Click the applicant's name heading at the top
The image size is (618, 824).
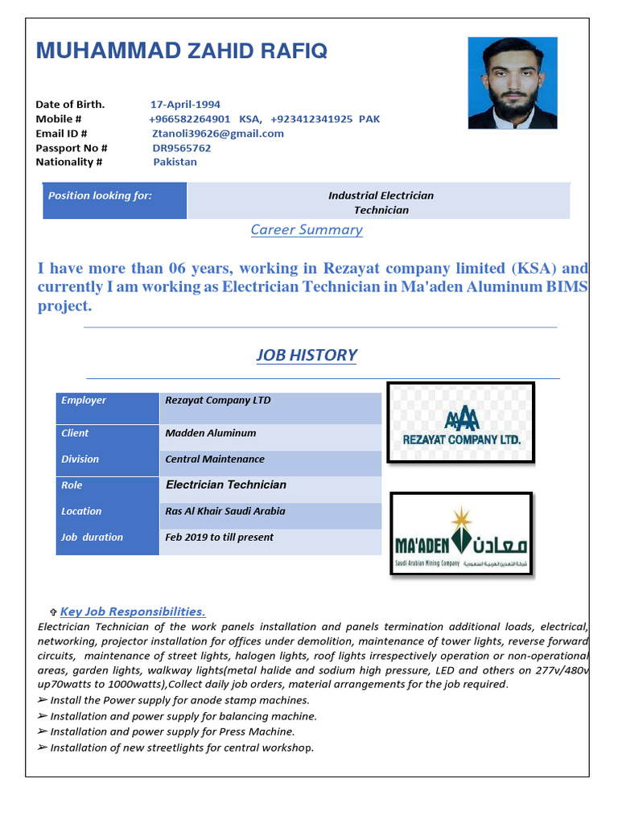click(x=181, y=51)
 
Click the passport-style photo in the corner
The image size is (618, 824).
click(x=512, y=83)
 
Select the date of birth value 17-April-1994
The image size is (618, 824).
click(x=185, y=105)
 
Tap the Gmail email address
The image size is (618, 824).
click(x=217, y=134)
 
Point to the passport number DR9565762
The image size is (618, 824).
click(x=182, y=148)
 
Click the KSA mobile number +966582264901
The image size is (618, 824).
click(x=190, y=119)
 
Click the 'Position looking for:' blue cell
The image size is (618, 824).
click(x=114, y=200)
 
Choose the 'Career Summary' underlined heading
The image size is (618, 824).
click(x=307, y=230)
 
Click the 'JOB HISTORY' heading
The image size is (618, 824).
click(x=307, y=355)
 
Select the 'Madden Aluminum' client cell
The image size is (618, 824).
click(x=211, y=433)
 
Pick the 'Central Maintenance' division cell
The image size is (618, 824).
click(x=215, y=459)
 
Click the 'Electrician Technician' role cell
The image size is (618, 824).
click(x=226, y=485)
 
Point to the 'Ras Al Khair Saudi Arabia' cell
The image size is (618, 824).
click(x=225, y=511)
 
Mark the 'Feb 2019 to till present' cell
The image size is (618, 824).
click(x=219, y=538)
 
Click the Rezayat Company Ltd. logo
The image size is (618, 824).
click(x=461, y=422)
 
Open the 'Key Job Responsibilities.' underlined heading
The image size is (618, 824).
click(x=133, y=612)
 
